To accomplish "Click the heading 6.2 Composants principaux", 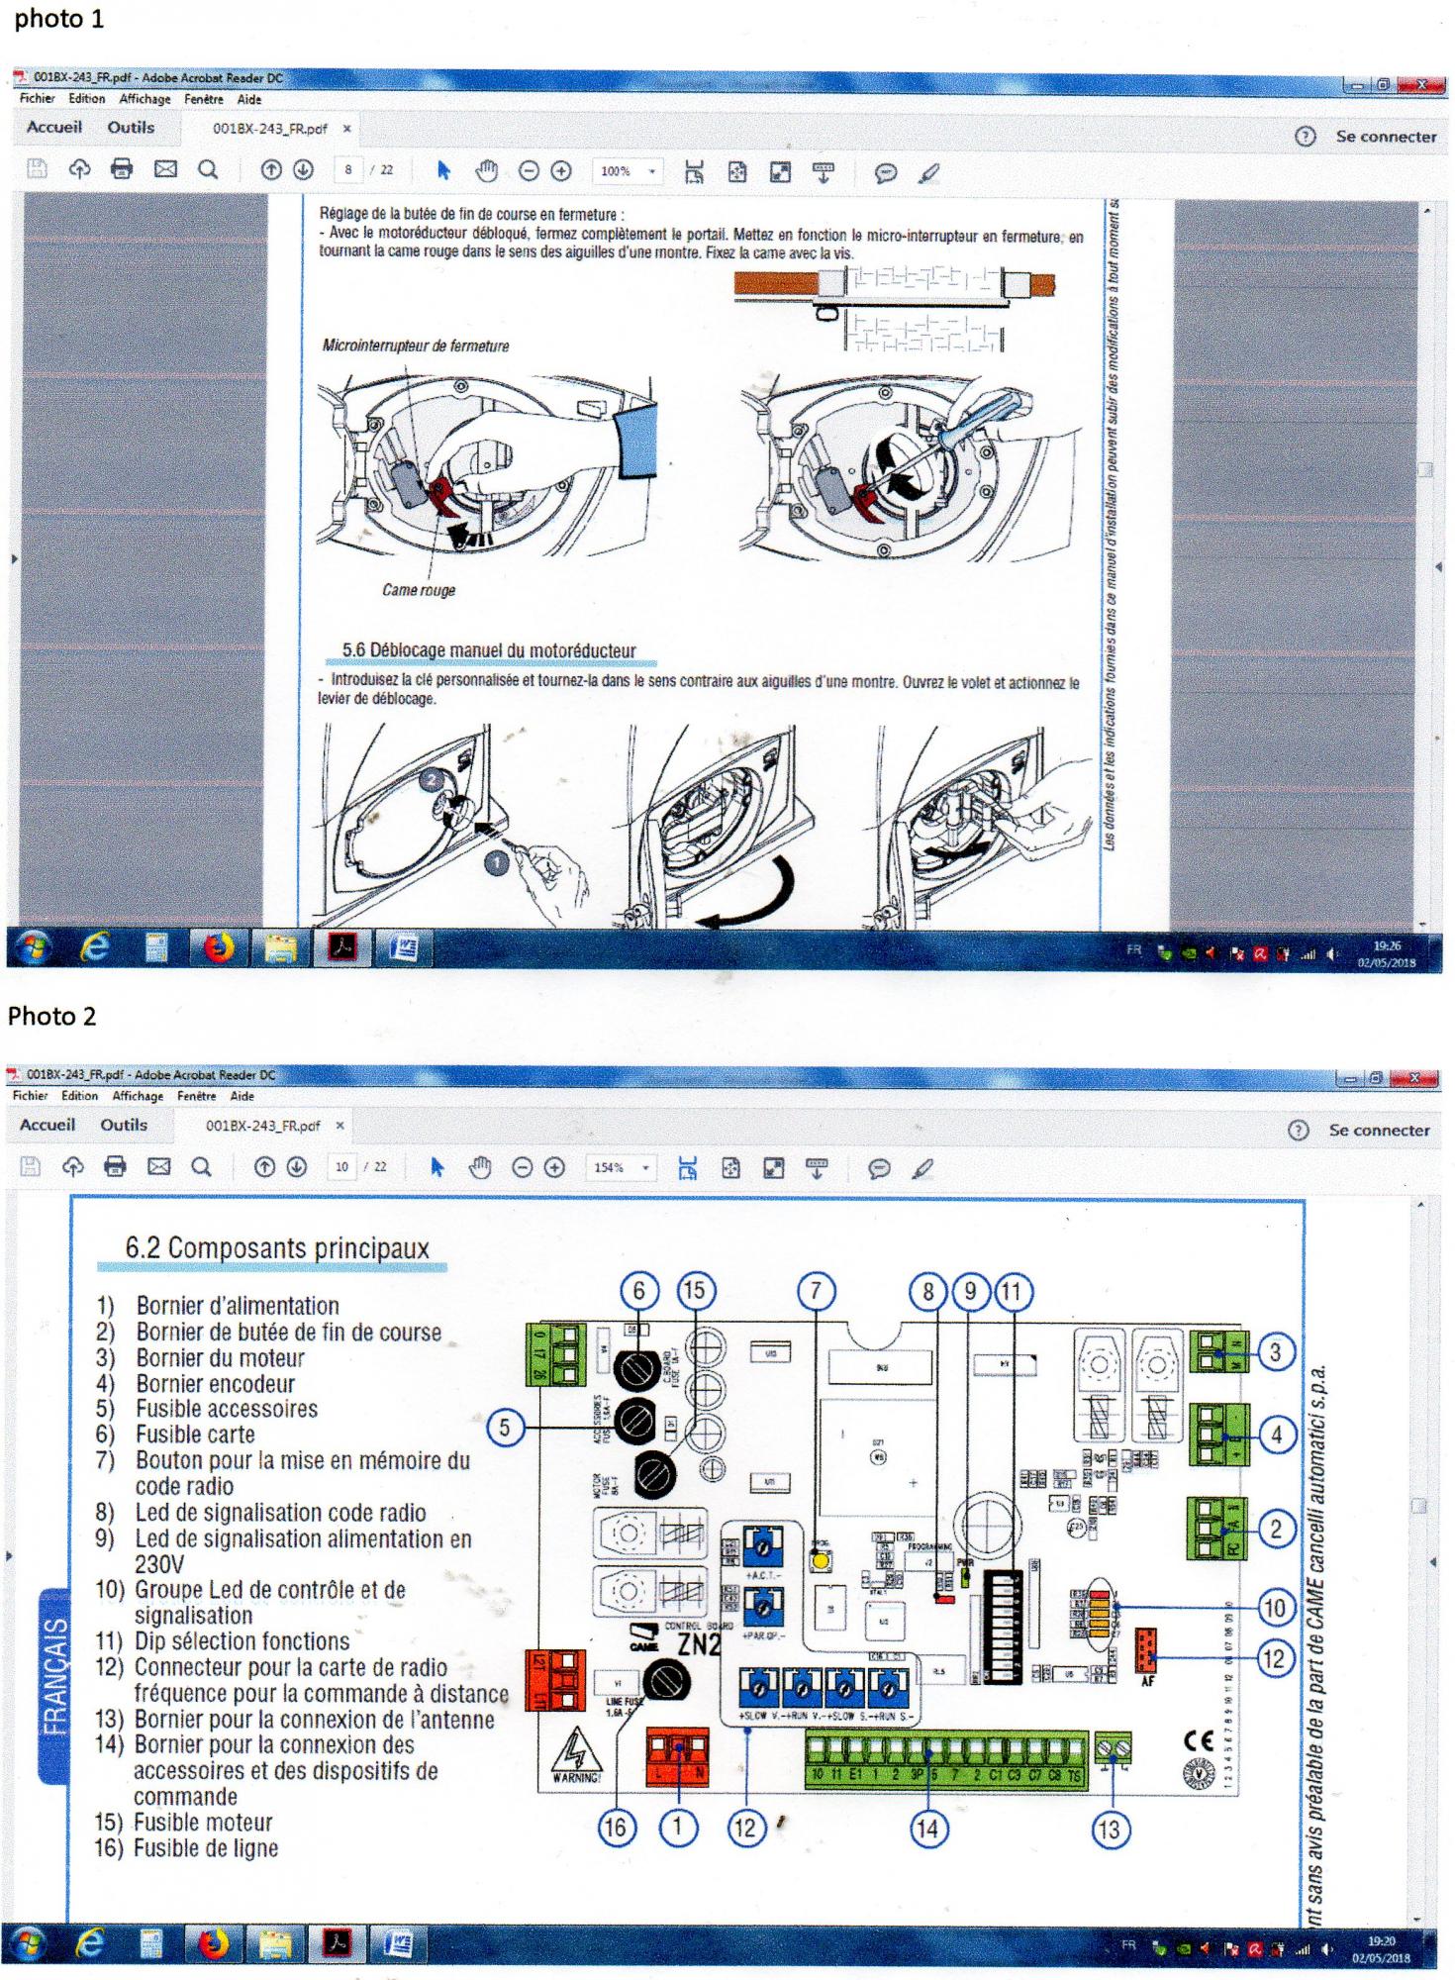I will [277, 1248].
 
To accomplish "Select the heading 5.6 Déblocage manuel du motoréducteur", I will [489, 650].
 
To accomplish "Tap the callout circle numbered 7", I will [816, 1290].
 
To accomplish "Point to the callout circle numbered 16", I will [615, 1828].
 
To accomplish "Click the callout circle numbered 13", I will [1109, 1830].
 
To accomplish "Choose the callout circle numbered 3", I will [1275, 1351].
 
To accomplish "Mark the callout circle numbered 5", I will [505, 1427].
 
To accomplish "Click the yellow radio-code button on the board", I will [821, 1562].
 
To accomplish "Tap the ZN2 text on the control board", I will [698, 1644].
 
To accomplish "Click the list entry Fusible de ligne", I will [206, 1847].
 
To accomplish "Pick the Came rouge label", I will [419, 590].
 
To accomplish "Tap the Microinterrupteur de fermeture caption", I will [416, 346].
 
